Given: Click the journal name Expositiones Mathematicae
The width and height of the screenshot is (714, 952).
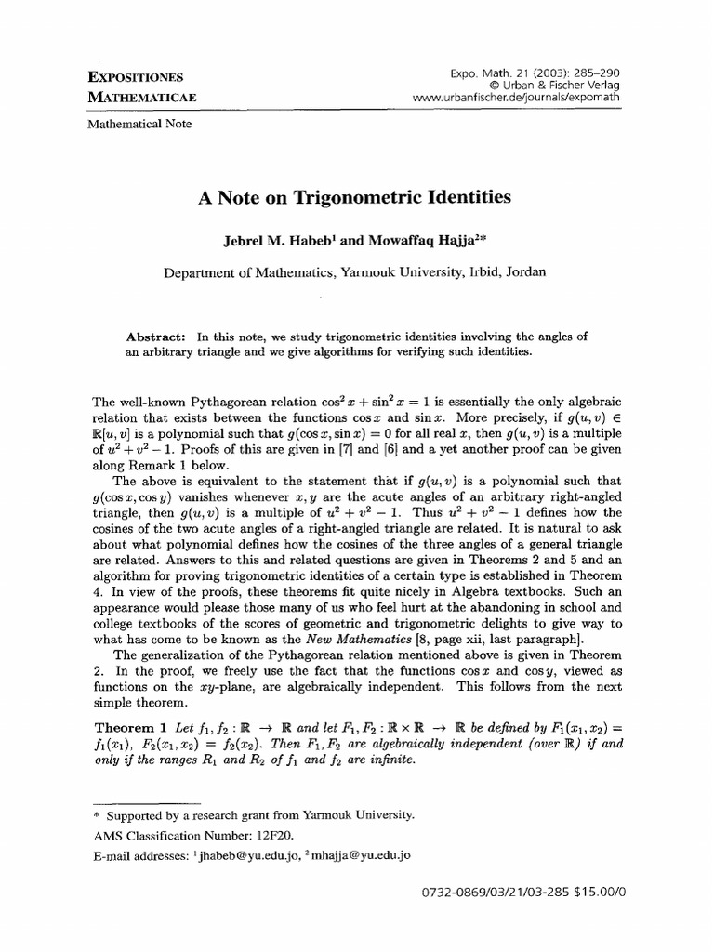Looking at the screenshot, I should point(136,86).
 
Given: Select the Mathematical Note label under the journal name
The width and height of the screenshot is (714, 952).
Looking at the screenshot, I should point(139,124).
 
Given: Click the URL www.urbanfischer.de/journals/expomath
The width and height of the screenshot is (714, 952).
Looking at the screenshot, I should point(519,97).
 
